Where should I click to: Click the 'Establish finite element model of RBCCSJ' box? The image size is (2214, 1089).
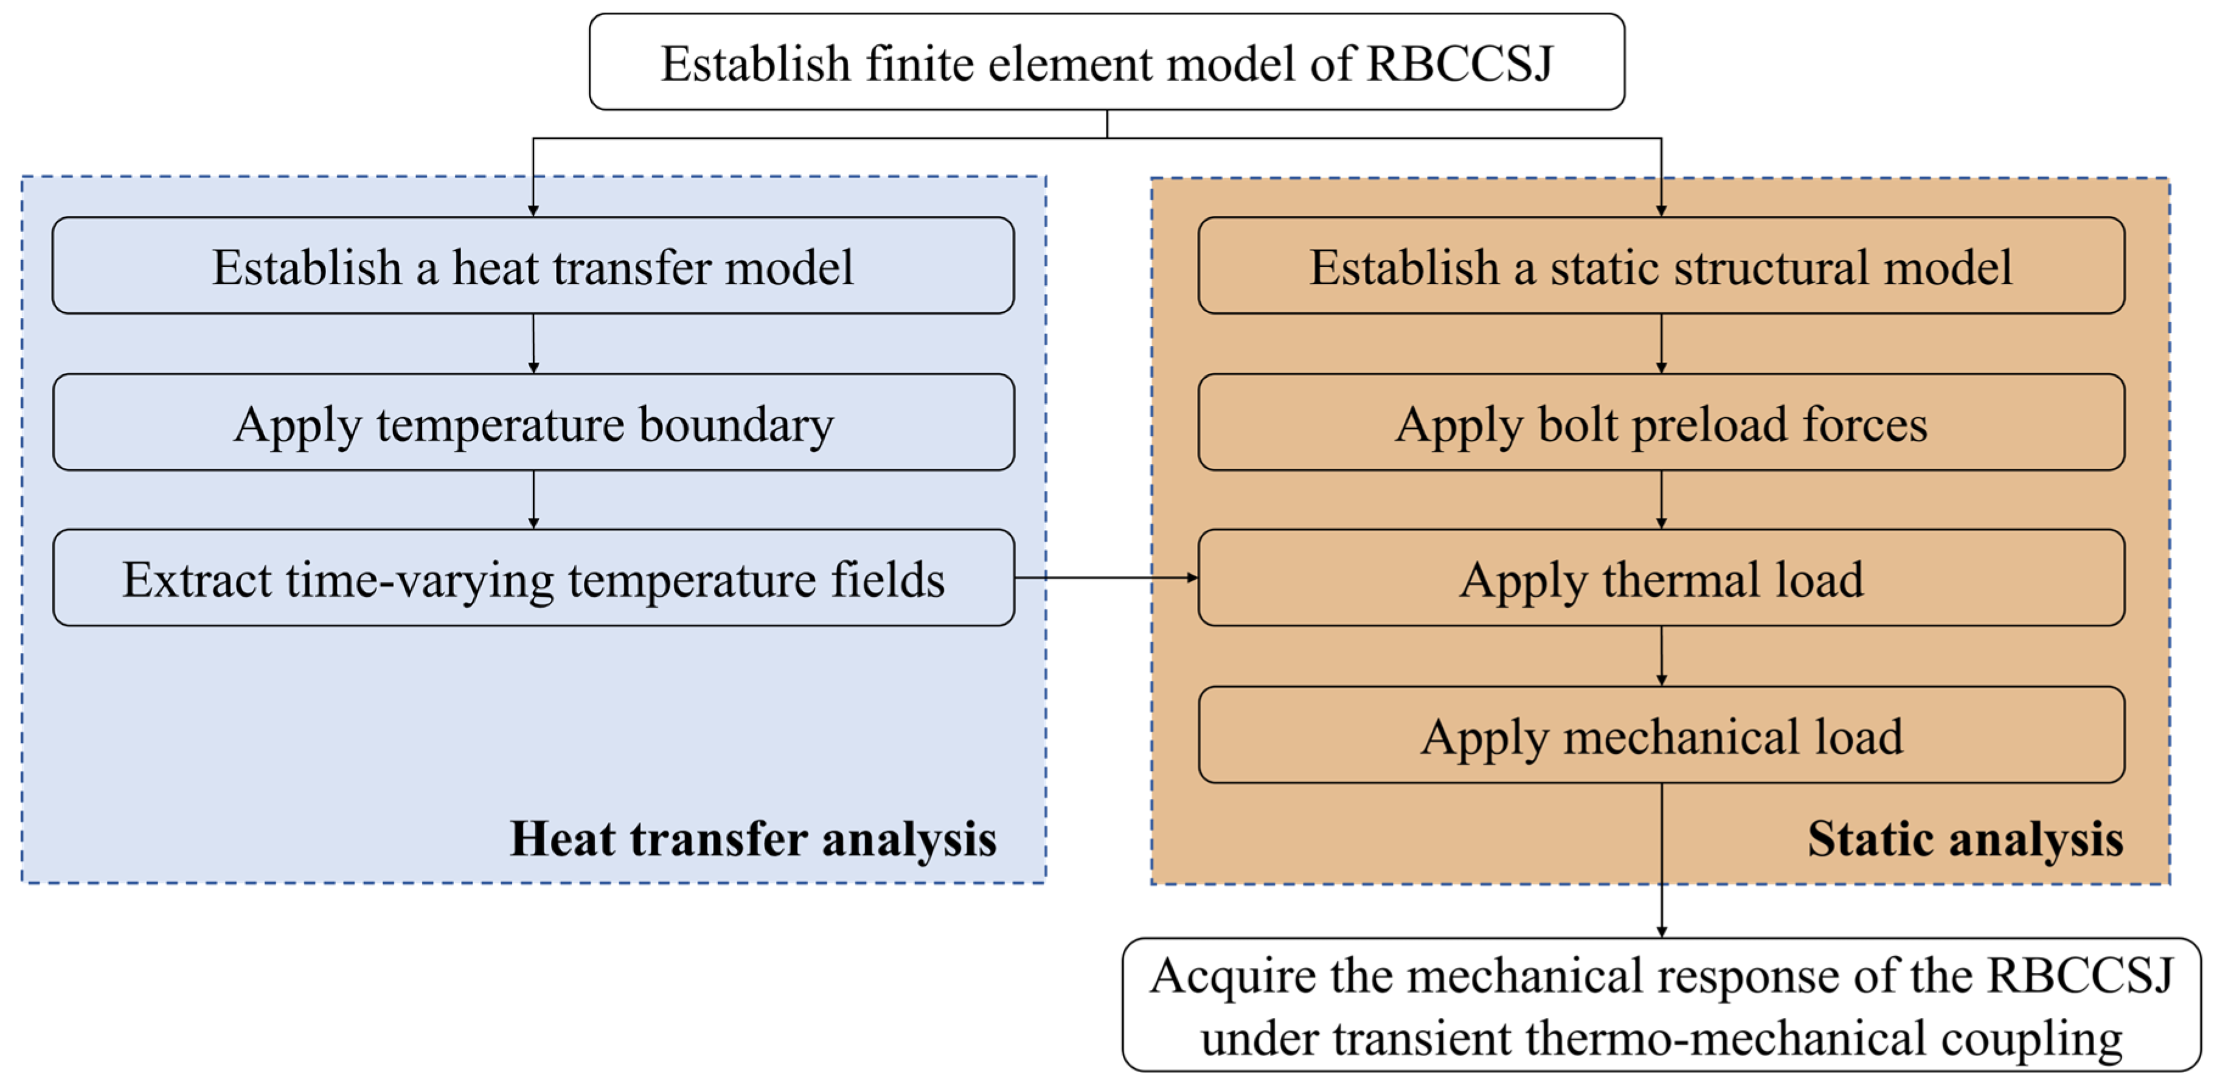pos(1106,62)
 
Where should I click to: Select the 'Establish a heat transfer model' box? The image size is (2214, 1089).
pos(533,266)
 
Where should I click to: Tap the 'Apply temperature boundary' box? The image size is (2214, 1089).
pos(533,422)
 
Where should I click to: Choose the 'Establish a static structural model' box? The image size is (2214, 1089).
pos(1660,266)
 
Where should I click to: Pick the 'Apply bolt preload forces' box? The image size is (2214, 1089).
pos(1660,422)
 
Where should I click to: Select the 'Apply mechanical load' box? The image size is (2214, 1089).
pos(1660,735)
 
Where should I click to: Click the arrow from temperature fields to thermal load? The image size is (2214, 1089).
pos(1106,577)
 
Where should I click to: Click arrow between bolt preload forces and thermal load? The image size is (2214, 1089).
pos(1660,499)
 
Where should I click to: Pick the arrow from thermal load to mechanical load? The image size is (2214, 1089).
pos(1660,656)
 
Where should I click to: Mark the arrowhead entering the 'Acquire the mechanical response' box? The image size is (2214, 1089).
pos(1661,931)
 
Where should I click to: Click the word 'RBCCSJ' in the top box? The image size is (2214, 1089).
pos(1459,64)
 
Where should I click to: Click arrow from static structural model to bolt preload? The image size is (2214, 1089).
pos(1660,343)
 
